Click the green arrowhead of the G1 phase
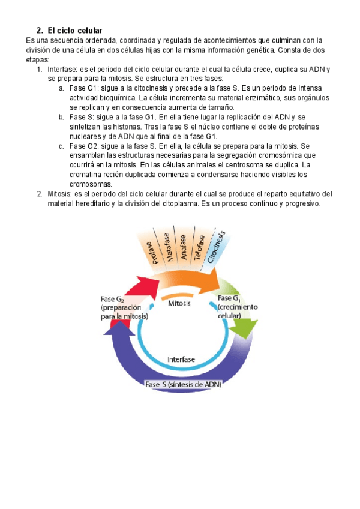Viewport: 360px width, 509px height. [x=242, y=328]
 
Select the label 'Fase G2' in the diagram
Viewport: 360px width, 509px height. [x=112, y=298]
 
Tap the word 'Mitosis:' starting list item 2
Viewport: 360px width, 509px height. [x=59, y=194]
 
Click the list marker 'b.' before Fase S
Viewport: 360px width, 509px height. [x=62, y=117]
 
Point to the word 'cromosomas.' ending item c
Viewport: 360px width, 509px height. [x=91, y=184]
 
